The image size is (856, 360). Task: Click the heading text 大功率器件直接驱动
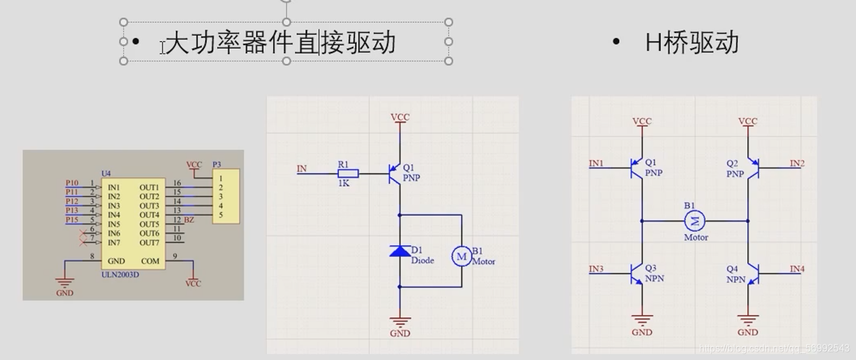coord(281,43)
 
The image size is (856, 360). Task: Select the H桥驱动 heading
coord(692,43)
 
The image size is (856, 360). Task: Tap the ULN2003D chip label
coord(120,274)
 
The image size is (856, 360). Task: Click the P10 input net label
coord(72,183)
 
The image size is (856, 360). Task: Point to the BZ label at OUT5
coord(189,220)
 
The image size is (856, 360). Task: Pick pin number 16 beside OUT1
coord(177,183)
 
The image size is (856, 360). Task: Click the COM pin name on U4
coord(149,261)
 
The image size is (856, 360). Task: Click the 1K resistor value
coord(343,183)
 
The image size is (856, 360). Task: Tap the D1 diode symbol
coord(400,251)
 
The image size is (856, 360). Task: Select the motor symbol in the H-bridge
coord(695,220)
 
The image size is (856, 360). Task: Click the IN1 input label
coord(596,164)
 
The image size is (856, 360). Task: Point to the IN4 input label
coord(797,269)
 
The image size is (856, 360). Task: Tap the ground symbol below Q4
coord(748,320)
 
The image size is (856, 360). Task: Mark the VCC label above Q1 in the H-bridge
coord(642,122)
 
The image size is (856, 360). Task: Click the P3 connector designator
coord(216,165)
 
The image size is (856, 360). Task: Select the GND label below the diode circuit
coord(400,333)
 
